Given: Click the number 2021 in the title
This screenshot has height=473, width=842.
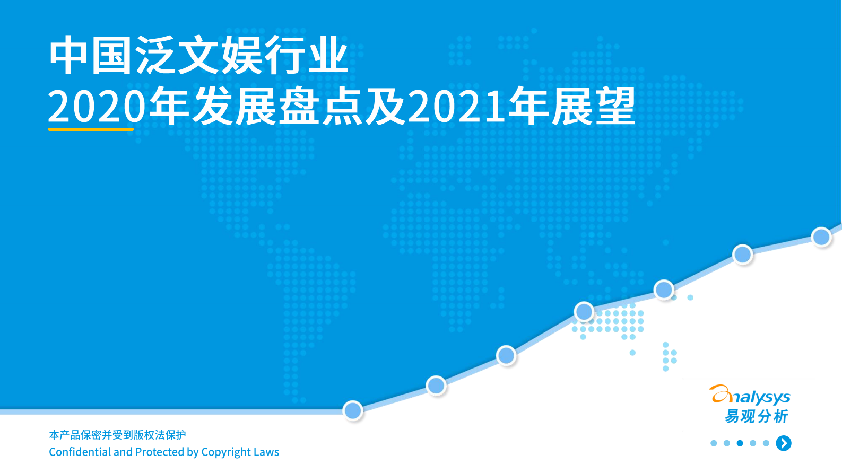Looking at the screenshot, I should click(x=457, y=107).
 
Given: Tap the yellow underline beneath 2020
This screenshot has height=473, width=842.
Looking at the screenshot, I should click(x=91, y=128).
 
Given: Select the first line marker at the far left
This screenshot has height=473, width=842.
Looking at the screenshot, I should click(x=353, y=410).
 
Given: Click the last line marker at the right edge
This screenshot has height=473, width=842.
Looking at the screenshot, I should click(x=821, y=236).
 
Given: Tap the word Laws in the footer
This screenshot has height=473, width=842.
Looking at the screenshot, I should click(x=266, y=452).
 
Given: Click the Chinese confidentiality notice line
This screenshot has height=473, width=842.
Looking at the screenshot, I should click(x=117, y=435).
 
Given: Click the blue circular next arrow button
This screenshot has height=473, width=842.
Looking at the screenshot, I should click(x=784, y=443).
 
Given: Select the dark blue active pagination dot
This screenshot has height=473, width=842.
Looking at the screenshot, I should click(x=740, y=443).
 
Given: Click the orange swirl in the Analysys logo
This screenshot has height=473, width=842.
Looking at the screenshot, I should click(x=721, y=394).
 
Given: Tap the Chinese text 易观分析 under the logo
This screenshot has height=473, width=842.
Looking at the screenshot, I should click(x=757, y=416).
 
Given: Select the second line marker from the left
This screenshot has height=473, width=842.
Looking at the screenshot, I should click(x=436, y=386).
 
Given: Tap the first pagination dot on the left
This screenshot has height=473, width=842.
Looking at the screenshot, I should click(x=714, y=443).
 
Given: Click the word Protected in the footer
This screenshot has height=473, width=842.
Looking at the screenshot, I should click(x=159, y=452).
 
